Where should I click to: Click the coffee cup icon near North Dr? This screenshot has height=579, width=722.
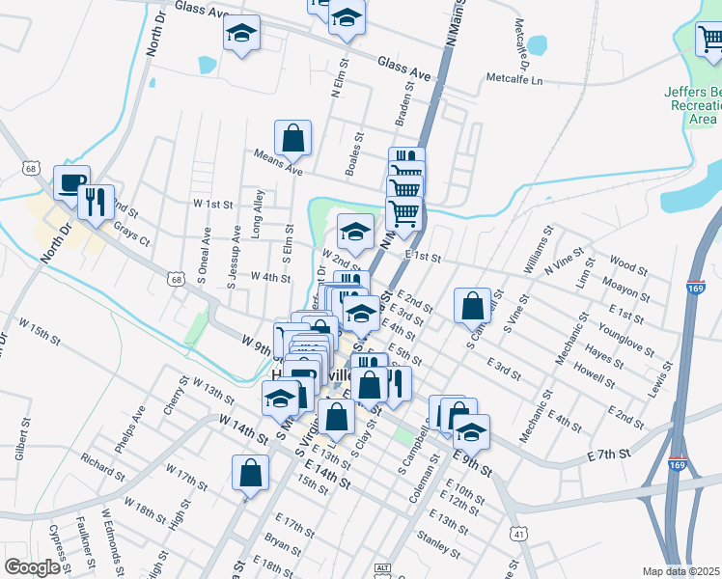70,181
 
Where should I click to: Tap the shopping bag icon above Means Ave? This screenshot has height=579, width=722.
293,137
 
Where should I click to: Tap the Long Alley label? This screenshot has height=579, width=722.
257,212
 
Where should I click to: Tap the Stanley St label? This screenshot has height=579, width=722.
437,543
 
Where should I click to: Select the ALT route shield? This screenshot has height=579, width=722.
383,569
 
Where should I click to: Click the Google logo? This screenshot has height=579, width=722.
32,567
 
